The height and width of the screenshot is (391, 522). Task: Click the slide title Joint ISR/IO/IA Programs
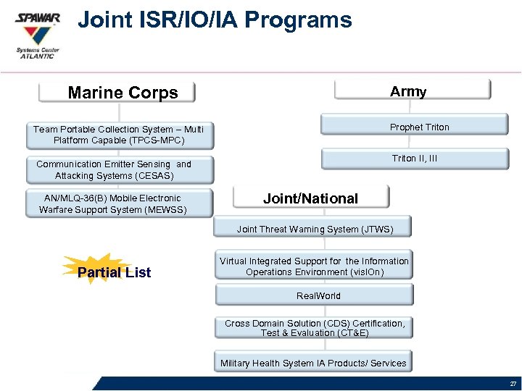pos(215,20)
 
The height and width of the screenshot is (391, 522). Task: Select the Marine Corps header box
pos(118,92)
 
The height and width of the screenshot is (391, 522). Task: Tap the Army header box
pos(411,91)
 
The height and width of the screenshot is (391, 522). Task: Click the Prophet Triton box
pos(419,127)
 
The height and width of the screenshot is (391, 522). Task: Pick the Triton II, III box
pos(415,159)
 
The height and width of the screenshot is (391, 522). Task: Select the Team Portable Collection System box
pos(118,135)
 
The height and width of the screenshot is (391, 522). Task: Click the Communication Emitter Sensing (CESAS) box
pos(114,169)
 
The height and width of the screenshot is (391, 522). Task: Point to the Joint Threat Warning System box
pos(314,229)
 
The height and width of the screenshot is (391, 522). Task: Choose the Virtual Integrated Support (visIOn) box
pos(314,266)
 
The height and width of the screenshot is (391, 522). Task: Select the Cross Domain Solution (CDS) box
pos(314,328)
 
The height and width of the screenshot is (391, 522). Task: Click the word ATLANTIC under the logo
pos(37,56)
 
